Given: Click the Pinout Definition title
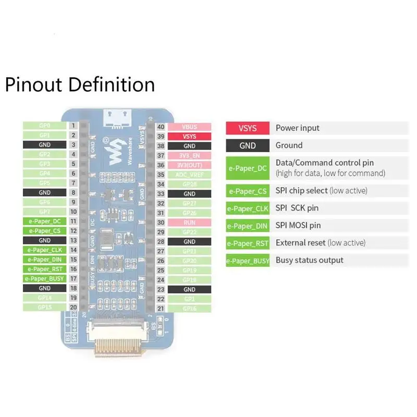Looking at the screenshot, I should click(80, 84).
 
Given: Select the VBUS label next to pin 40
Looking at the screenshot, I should click(190, 127).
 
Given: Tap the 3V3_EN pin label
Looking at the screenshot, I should click(190, 155).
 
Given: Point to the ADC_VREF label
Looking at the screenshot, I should click(190, 175).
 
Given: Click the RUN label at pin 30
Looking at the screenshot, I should click(190, 222).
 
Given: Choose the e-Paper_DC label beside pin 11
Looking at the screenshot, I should click(45, 221).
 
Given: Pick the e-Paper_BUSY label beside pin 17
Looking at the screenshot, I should click(45, 278).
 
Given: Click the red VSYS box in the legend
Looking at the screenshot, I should click(248, 128).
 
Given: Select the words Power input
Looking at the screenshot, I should click(298, 128).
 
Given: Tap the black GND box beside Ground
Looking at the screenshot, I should click(248, 145).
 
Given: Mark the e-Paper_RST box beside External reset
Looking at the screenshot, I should click(248, 243).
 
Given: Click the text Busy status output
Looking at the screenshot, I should click(310, 260).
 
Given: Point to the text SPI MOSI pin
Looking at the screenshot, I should click(298, 225).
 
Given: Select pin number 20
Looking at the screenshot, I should click(73, 307).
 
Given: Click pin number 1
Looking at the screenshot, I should click(73, 126).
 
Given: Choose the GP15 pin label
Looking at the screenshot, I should click(45, 307).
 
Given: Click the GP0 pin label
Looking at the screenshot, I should click(45, 126).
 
